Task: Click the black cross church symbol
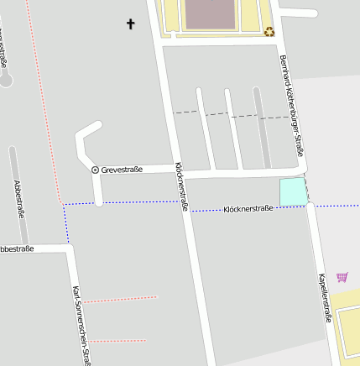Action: coord(131,24)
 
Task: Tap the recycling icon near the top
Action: coord(269,32)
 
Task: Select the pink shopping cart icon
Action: coord(342,277)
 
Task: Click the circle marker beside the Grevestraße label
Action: coord(95,170)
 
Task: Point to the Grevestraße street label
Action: coord(122,170)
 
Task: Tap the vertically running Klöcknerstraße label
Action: coord(180,186)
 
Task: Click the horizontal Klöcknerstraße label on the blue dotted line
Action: coord(248,208)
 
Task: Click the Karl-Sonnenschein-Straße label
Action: coord(81,324)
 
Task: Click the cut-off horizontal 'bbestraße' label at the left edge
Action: coord(17,248)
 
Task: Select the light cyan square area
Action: coord(292,191)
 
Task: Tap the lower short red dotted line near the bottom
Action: coord(117,341)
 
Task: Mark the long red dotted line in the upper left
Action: coord(43,101)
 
